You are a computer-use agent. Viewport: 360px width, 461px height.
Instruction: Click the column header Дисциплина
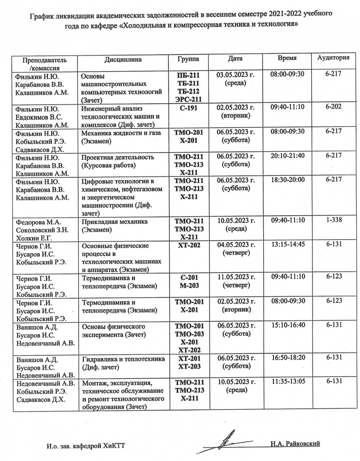123,60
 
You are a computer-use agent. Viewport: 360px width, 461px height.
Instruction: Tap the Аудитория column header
333,58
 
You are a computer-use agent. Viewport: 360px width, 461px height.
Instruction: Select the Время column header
287,59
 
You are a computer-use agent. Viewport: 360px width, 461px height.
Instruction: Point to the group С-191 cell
189,109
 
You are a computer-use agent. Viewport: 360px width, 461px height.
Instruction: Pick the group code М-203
189,286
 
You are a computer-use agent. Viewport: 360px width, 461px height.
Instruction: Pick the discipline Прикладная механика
115,222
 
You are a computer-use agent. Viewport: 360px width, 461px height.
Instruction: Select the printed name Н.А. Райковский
295,444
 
